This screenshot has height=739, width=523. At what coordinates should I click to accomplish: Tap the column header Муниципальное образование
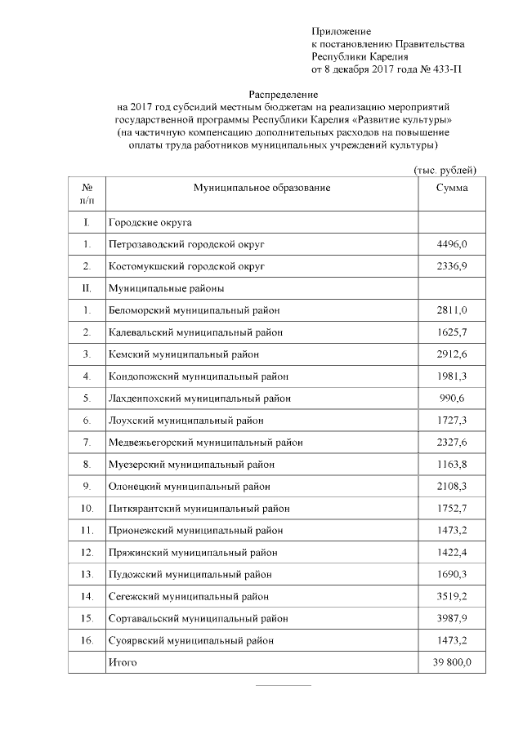[261, 188]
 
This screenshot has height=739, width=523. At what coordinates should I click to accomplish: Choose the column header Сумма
[452, 188]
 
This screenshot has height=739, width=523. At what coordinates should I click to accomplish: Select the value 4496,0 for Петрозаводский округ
[452, 243]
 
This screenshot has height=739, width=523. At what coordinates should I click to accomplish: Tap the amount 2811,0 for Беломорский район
[452, 310]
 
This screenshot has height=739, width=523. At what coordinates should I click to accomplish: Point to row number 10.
[87, 509]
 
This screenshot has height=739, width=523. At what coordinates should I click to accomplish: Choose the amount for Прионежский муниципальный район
[452, 531]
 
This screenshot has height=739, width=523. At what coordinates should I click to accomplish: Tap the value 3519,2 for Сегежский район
[452, 596]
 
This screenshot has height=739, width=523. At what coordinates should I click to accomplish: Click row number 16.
[87, 640]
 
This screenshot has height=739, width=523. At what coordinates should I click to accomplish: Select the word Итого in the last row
[123, 662]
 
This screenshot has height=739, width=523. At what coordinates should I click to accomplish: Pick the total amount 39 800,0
[452, 662]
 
